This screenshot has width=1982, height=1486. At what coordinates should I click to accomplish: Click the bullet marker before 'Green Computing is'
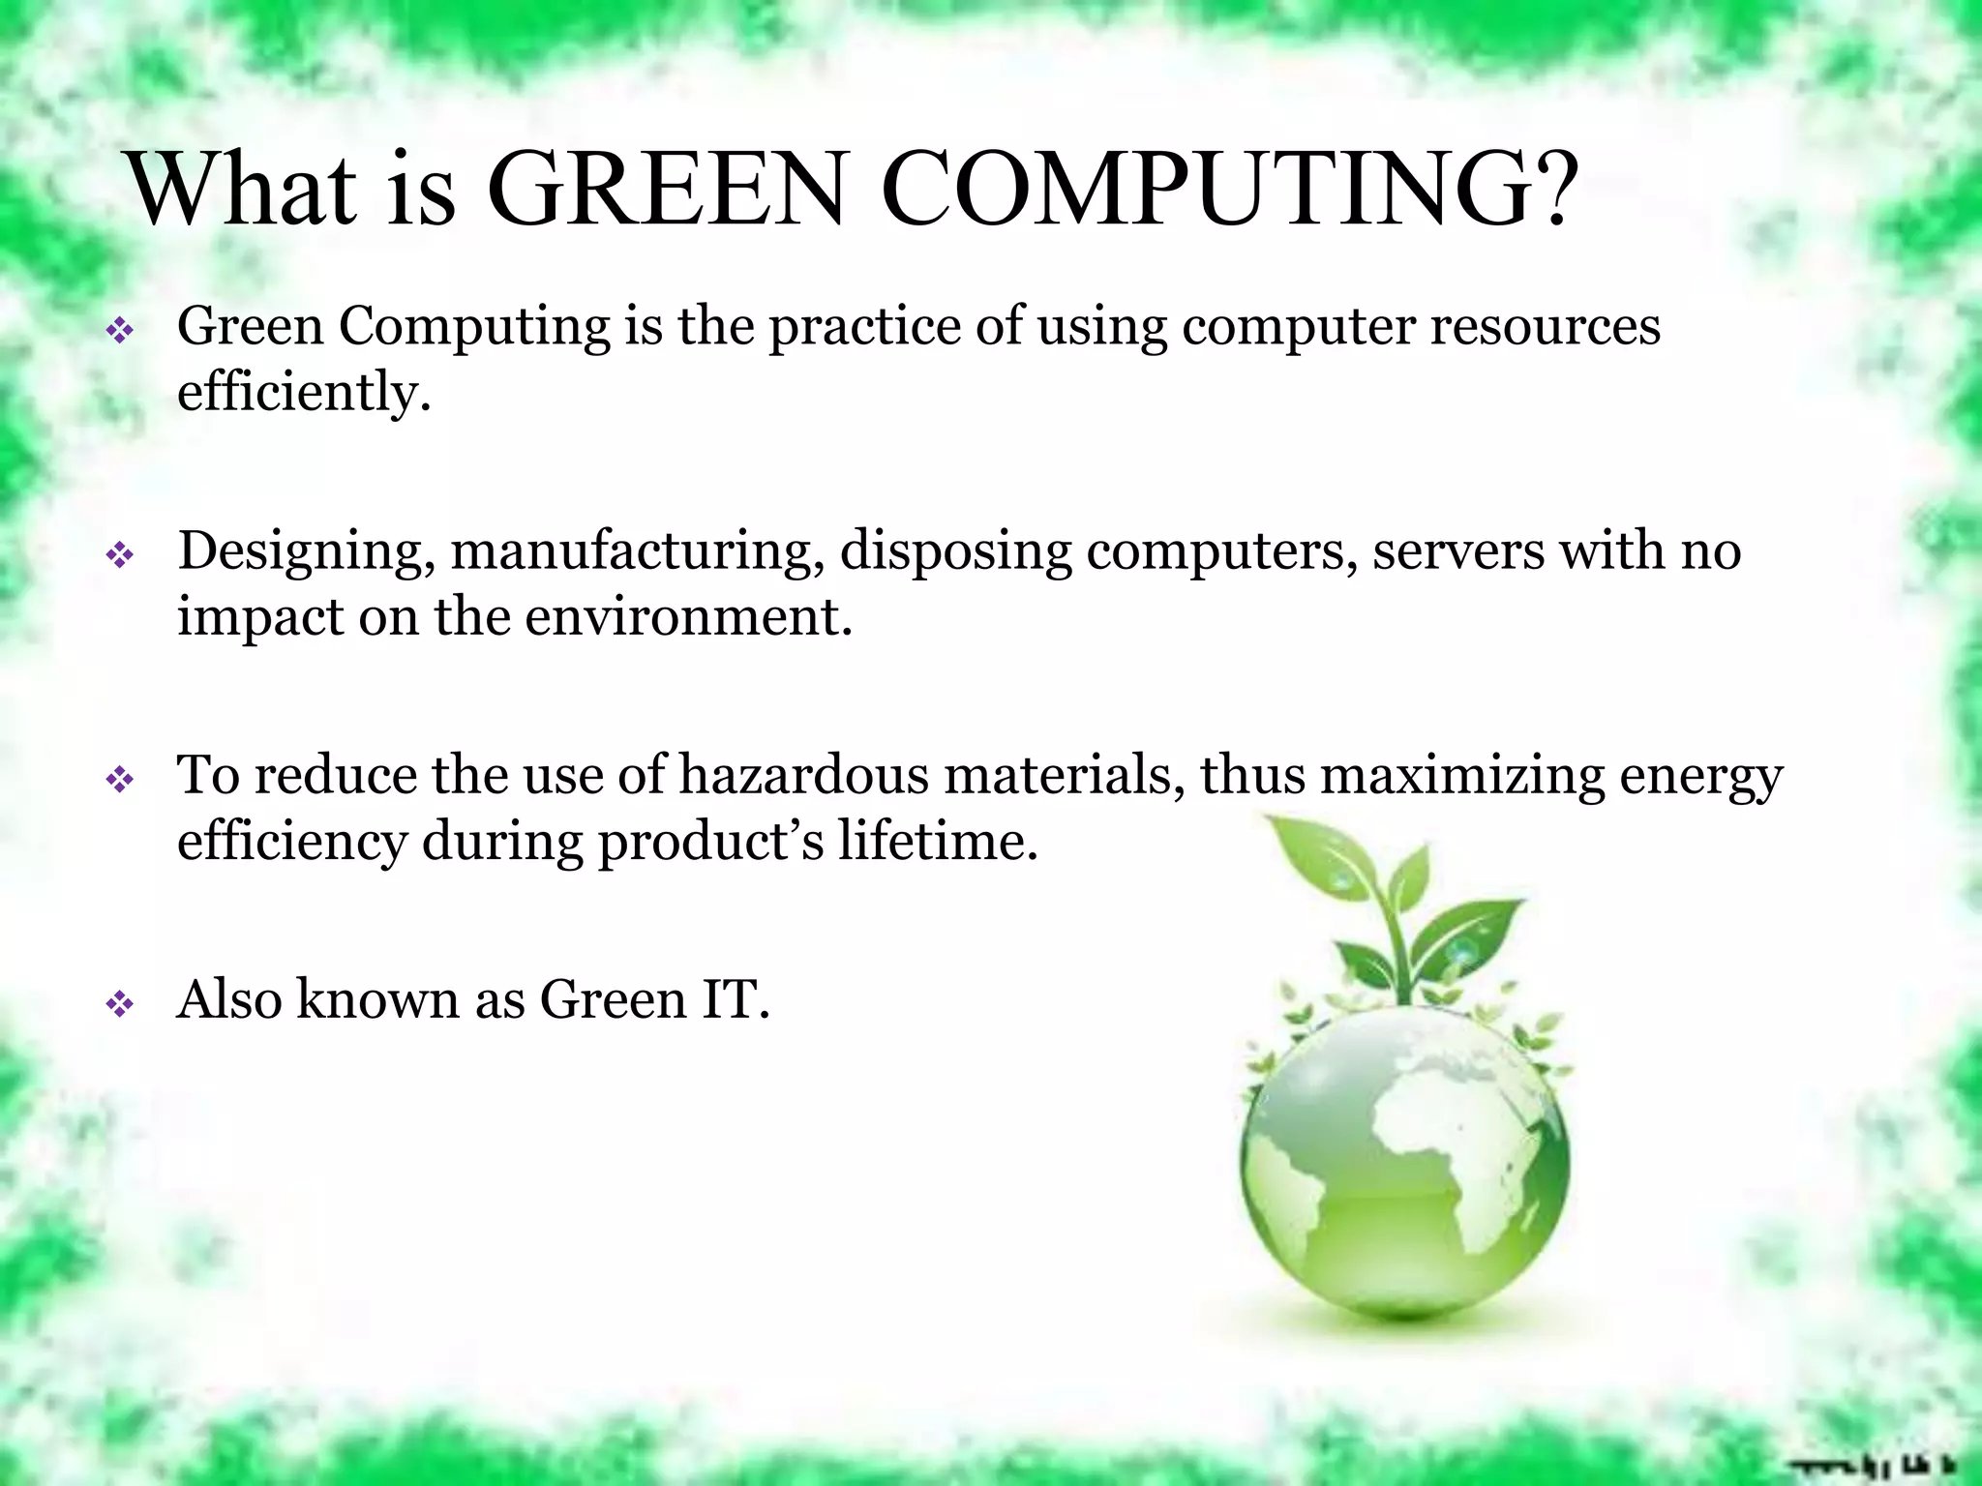click(120, 332)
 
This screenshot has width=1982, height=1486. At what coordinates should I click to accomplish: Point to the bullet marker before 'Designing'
click(120, 556)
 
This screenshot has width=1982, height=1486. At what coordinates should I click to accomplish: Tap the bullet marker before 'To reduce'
click(120, 780)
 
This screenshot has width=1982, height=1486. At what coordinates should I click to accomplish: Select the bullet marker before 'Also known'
click(120, 1005)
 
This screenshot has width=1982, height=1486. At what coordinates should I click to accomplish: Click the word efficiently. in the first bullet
click(303, 393)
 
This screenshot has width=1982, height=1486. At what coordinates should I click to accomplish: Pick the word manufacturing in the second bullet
click(637, 552)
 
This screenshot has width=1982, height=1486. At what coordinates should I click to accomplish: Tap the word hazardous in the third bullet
click(803, 776)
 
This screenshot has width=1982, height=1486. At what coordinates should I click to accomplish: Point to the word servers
click(1457, 550)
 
